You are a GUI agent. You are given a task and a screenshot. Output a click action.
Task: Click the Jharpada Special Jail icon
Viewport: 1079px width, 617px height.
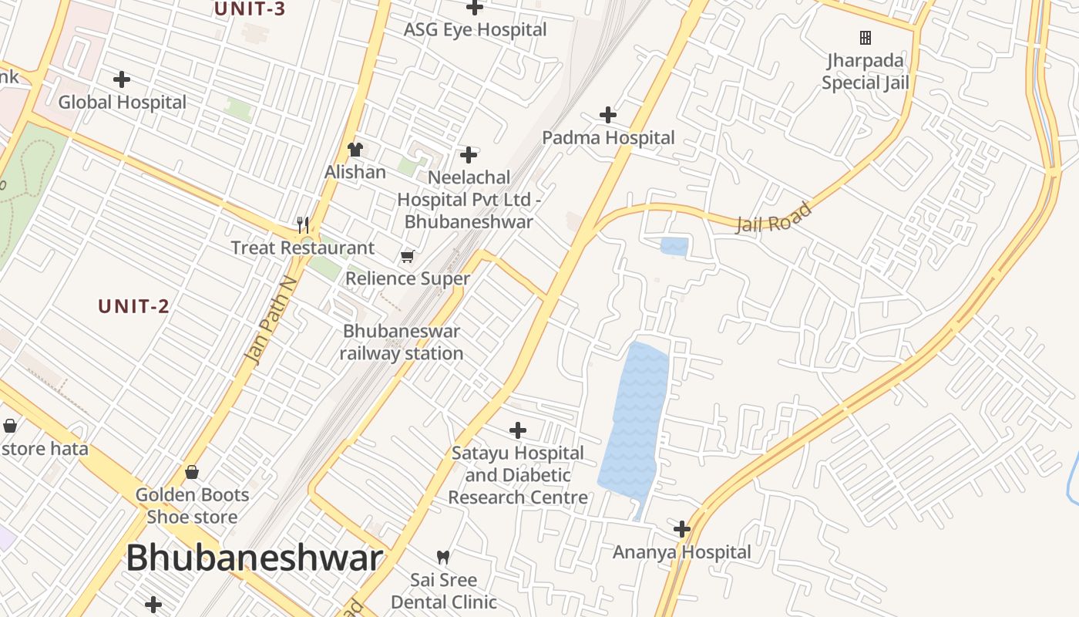point(866,37)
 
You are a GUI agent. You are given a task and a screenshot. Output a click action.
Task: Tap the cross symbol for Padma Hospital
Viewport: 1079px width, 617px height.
point(608,115)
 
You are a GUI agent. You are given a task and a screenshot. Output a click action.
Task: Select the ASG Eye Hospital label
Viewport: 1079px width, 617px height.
point(476,30)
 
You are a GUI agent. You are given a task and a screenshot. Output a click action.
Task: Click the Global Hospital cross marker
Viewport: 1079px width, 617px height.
point(122,79)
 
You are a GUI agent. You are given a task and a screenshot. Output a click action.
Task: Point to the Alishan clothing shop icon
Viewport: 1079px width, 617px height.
point(355,149)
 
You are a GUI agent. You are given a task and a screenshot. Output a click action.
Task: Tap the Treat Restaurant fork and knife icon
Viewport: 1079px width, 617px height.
point(303,225)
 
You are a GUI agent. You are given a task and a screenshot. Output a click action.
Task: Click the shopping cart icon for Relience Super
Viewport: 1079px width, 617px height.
point(407,256)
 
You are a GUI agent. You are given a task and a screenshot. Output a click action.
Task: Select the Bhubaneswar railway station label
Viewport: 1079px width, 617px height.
point(401,342)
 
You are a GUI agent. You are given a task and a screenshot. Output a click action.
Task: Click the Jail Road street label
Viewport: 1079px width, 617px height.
point(774,217)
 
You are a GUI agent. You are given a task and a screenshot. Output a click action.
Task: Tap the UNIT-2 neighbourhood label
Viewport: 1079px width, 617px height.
point(133,306)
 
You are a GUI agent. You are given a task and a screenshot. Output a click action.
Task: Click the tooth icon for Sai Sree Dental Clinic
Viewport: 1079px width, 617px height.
point(443,557)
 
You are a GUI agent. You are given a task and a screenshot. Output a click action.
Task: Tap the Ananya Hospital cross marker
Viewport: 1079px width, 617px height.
point(682,529)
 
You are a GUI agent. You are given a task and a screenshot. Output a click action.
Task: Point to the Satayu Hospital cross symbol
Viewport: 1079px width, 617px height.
point(518,430)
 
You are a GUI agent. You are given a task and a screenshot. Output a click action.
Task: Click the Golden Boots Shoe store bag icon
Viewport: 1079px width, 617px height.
point(192,472)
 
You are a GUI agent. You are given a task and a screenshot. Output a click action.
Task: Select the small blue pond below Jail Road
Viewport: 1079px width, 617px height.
point(674,247)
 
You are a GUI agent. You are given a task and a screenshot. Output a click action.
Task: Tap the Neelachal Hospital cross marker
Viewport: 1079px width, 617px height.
point(468,155)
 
